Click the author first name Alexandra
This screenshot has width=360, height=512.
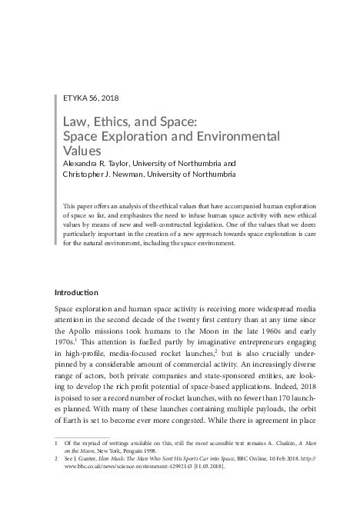pos(81,164)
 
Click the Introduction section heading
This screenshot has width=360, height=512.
pos(76,293)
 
